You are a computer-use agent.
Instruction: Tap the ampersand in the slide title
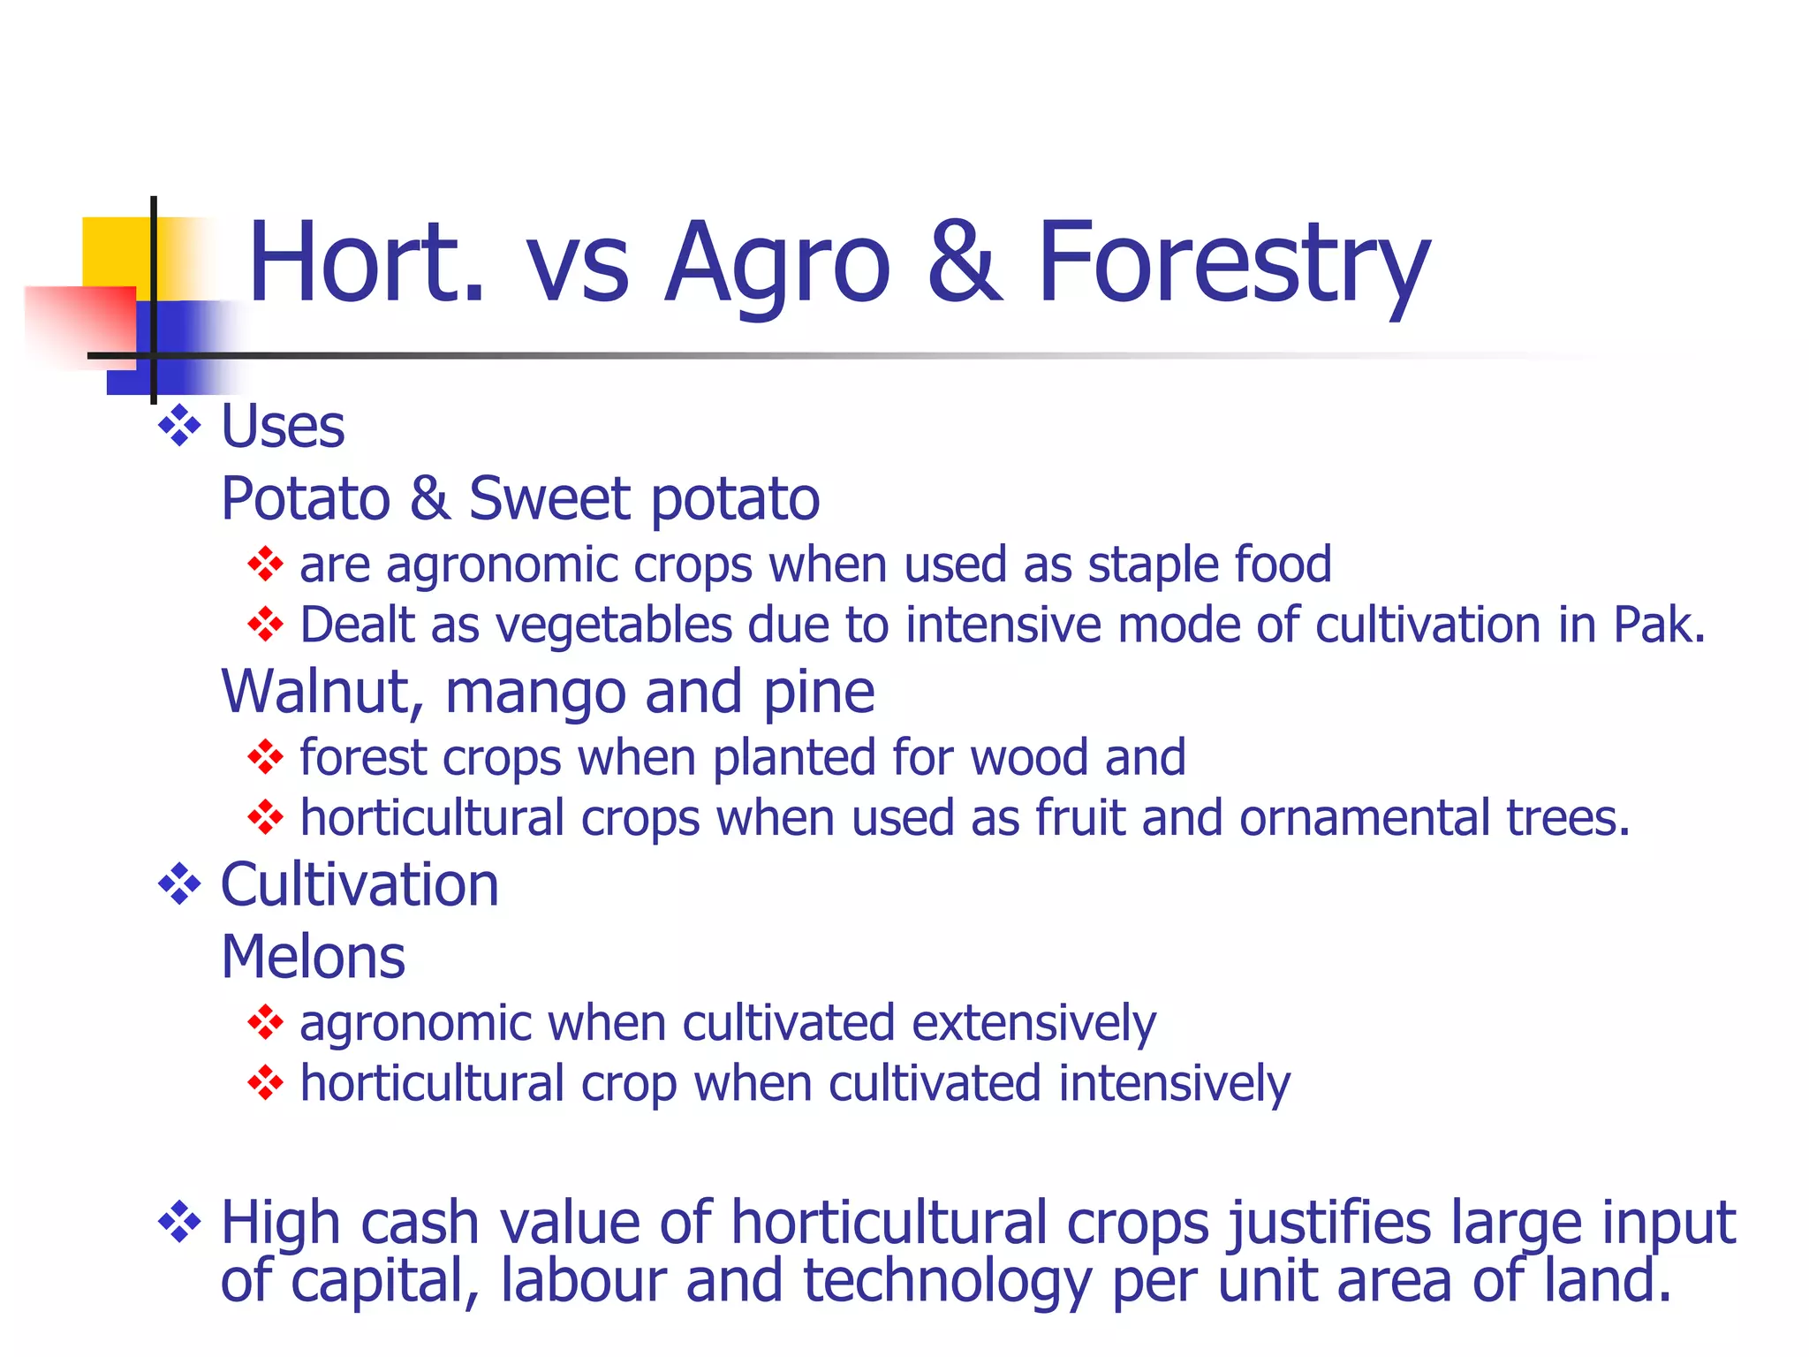coord(965,263)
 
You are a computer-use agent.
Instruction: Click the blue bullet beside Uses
coord(179,425)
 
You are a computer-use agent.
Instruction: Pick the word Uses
coord(283,427)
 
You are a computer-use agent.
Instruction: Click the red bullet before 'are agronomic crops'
coord(265,565)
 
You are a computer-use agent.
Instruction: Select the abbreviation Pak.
coord(1659,625)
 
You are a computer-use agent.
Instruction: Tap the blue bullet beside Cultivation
coord(179,883)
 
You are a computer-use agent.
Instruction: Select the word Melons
coord(314,957)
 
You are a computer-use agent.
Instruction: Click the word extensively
coord(1033,1024)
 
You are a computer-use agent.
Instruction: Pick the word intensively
coord(1174,1084)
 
